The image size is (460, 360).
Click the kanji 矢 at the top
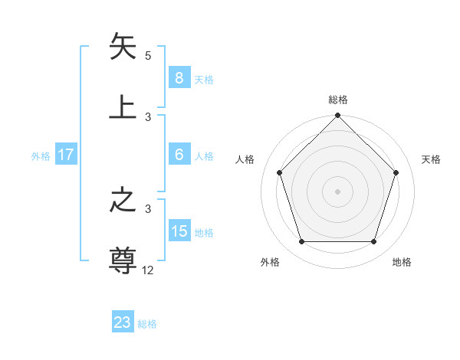123,47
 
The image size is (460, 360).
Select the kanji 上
123,107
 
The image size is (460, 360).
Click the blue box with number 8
179,78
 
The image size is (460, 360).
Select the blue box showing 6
179,155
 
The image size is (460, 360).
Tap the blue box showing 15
179,231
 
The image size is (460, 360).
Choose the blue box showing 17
66,155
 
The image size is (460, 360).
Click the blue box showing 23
123,322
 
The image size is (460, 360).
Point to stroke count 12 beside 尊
149,270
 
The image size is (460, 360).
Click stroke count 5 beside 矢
148,56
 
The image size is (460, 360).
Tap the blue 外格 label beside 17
41,155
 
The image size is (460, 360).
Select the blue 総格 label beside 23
147,324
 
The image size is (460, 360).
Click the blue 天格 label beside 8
204,79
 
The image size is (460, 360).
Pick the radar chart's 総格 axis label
338,100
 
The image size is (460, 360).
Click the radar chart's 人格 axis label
245,159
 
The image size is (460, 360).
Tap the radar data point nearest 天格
396,172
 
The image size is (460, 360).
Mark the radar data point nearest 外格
301,242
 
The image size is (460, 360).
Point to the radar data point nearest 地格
374,242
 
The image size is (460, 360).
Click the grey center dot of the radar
338,191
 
